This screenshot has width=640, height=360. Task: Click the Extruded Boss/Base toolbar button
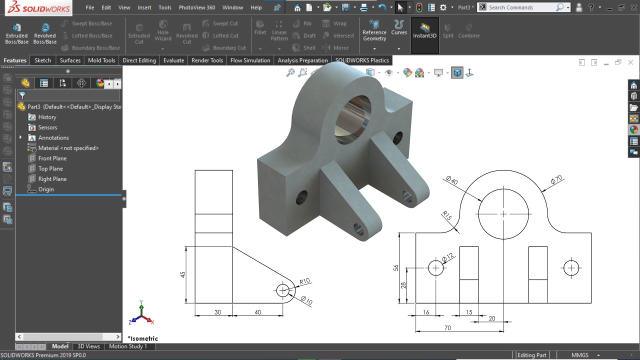click(16, 33)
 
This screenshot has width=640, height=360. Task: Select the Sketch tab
click(42, 60)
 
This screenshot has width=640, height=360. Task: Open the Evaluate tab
click(173, 60)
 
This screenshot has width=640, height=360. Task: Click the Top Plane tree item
click(50, 168)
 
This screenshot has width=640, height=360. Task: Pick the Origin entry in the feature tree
click(46, 189)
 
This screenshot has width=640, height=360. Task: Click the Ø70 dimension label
click(556, 180)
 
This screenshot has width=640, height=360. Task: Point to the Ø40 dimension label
click(451, 180)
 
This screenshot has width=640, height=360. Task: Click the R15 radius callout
click(446, 216)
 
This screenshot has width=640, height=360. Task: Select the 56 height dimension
click(396, 268)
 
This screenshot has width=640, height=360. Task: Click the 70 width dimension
click(447, 328)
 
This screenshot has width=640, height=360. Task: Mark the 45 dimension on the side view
click(183, 274)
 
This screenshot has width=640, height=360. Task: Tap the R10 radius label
click(304, 281)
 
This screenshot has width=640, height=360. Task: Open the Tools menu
click(165, 7)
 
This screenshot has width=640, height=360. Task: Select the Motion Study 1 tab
click(128, 346)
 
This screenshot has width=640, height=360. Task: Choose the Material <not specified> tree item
click(68, 148)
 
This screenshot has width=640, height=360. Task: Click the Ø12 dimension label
click(448, 256)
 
